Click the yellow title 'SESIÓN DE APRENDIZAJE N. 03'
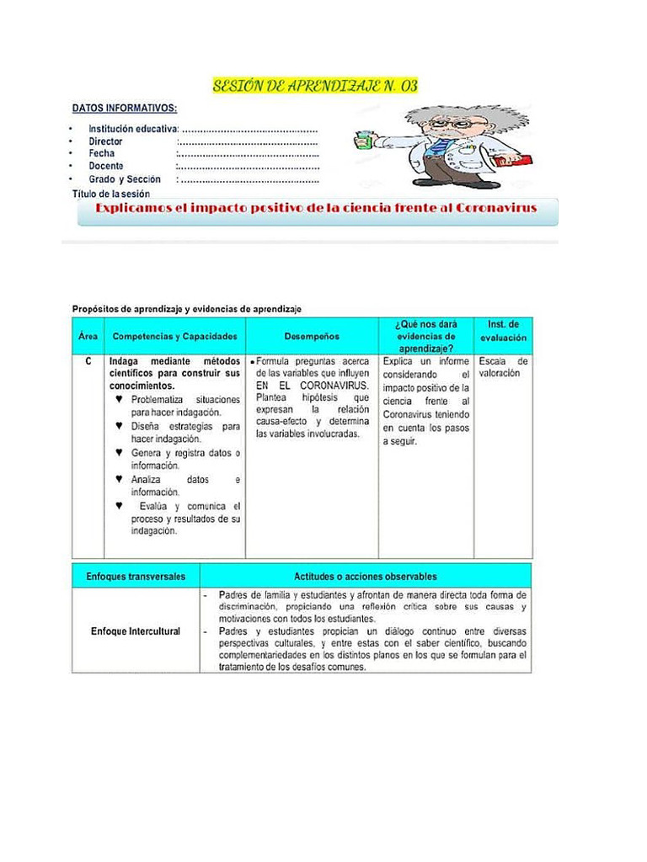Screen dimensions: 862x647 coord(315,87)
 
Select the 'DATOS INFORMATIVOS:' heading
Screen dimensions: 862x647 coord(125,109)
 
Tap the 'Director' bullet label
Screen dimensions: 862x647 coord(105,141)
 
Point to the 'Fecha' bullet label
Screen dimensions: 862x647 coord(102,154)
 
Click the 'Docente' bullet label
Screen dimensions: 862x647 coord(106,167)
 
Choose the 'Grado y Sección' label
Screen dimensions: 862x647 coord(125,179)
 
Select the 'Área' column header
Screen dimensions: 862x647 coord(88,337)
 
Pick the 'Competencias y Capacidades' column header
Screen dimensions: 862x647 coord(175,337)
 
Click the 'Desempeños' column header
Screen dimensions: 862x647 coord(312,337)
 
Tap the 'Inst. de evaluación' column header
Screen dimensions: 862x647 coord(504,331)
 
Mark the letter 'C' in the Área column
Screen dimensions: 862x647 coord(88,361)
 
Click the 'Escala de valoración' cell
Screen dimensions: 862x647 coord(504,367)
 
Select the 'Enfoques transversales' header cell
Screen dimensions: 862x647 coord(136,577)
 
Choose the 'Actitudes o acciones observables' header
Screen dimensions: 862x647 coord(366,577)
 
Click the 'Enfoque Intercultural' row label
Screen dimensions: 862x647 coord(136,631)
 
